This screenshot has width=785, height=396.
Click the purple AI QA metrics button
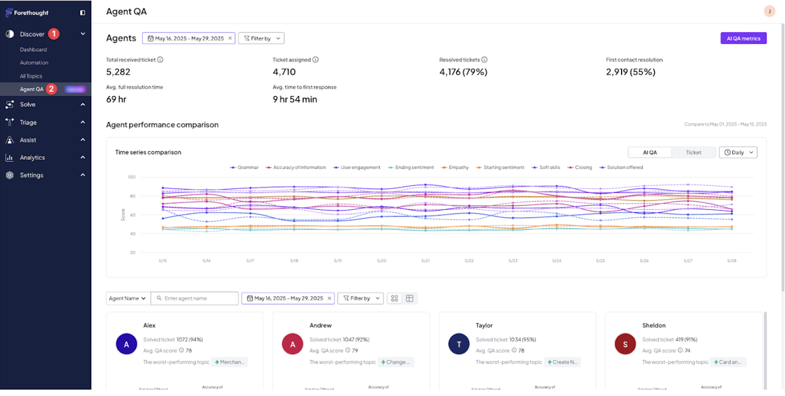(x=743, y=38)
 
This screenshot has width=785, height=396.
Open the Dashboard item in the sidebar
(x=33, y=49)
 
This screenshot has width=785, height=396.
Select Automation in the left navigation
(x=34, y=63)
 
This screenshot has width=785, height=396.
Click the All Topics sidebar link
(x=31, y=76)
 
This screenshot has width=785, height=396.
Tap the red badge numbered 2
(x=51, y=89)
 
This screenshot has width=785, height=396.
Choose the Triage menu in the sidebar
(x=28, y=122)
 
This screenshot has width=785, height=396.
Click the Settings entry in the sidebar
(x=31, y=175)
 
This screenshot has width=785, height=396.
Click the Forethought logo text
(x=31, y=13)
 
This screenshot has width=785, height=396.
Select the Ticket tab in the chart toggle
(x=693, y=152)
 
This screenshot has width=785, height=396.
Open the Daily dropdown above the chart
(x=738, y=152)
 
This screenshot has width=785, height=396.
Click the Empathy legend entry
(x=458, y=167)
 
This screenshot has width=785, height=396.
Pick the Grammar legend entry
(x=248, y=167)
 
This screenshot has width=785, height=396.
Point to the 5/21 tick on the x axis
(x=425, y=261)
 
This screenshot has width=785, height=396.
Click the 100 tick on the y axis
(x=132, y=177)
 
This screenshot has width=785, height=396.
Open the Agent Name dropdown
(x=128, y=298)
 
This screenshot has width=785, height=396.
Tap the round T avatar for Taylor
(x=459, y=344)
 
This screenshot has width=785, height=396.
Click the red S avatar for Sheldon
(x=625, y=344)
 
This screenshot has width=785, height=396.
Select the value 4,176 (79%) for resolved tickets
(x=463, y=72)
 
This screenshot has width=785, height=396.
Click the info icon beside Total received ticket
(x=160, y=60)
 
